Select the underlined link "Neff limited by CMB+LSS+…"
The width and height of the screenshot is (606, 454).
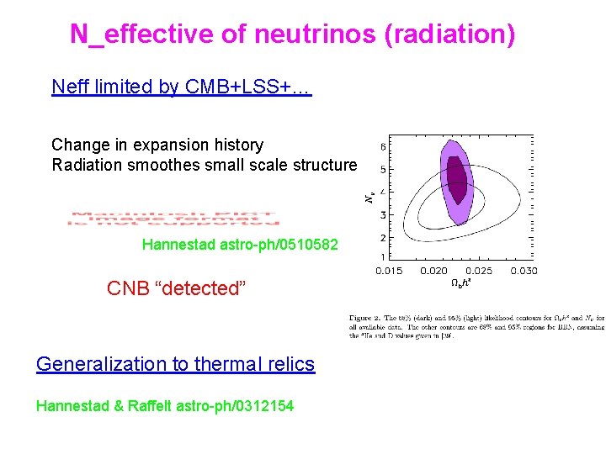pos(181,87)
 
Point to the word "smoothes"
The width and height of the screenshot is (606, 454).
pos(159,165)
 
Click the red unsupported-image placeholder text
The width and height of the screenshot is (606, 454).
pos(173,217)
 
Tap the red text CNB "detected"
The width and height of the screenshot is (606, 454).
pos(176,288)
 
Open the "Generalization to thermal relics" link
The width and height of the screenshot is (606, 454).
pos(175,364)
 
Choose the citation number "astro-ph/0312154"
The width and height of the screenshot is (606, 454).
pos(242,406)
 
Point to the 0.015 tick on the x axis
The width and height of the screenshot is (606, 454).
pos(389,271)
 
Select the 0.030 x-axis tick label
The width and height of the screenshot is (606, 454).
pos(523,271)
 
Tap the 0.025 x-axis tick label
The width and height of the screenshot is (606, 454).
pos(478,271)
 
